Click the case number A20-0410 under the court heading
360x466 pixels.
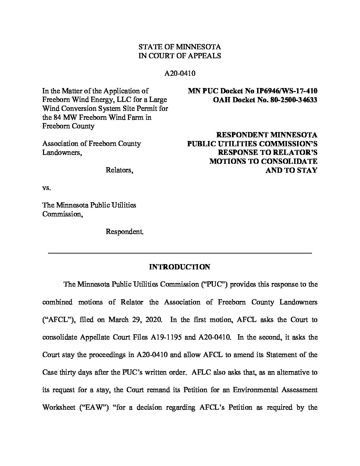tap(180, 73)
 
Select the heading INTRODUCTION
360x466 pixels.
tap(180, 267)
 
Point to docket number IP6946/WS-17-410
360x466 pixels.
tap(285, 91)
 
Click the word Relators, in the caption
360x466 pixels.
tap(119, 170)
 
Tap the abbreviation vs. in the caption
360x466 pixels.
tap(47, 188)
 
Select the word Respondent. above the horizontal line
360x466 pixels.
tap(124, 232)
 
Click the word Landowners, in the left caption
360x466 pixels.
tap(62, 153)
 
